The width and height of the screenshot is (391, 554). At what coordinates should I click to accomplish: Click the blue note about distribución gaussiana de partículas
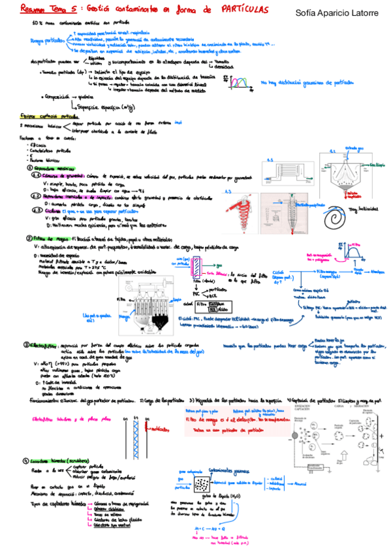click(x=307, y=83)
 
